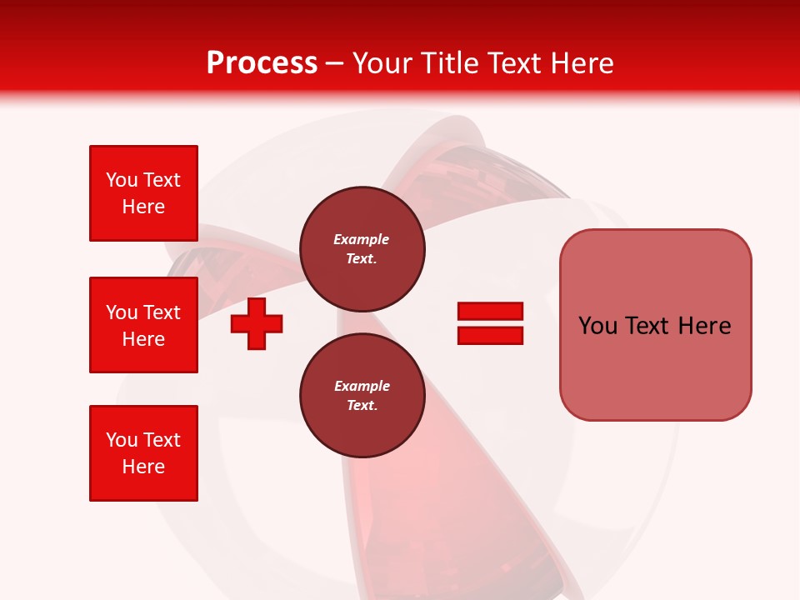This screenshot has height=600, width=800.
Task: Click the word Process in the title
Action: pos(262,63)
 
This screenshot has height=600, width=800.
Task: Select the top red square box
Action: pos(143,193)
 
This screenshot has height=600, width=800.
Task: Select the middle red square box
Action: pos(143,325)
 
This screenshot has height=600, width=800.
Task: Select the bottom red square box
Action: pos(143,453)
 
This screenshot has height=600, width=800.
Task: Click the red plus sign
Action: pos(257,323)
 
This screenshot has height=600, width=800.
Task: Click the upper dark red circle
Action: pos(362,249)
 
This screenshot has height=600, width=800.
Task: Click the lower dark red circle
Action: pos(362,396)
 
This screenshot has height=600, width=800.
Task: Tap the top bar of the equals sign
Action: pos(490,312)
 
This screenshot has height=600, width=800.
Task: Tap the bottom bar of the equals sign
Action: pos(490,335)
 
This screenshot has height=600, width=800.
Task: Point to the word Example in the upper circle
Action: pos(361,239)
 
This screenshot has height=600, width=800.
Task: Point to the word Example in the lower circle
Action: pos(362,386)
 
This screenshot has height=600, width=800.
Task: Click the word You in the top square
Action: pos(122,180)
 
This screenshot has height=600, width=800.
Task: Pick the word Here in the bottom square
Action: pos(143,467)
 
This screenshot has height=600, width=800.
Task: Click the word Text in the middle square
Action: pos(162,312)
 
